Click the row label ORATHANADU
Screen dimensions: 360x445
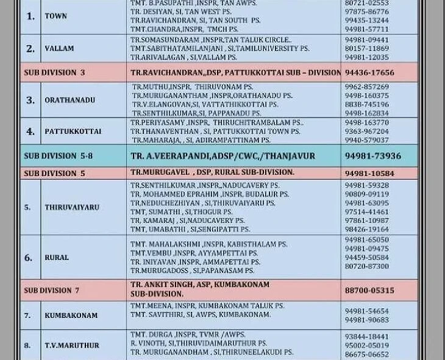[69, 100]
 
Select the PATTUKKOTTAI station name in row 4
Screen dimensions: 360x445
[73, 132]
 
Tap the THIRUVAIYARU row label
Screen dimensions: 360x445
[71, 208]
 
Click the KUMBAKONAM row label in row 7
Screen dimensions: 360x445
[71, 316]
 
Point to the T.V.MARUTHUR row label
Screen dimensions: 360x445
[71, 345]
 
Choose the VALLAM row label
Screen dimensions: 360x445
[59, 49]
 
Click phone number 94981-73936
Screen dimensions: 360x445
[373, 156]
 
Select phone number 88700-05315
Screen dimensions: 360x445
[369, 291]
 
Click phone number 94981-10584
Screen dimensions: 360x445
[369, 174]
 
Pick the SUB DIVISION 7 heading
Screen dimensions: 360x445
[52, 291]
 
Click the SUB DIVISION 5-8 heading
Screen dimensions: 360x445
[58, 156]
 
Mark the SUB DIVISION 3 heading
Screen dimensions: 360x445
[54, 72]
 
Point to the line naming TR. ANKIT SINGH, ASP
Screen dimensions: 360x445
[200, 284]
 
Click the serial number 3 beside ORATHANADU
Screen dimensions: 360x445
[30, 101]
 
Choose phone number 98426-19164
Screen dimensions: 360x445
[366, 229]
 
